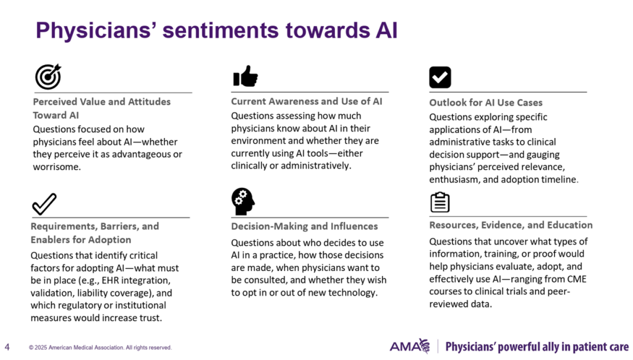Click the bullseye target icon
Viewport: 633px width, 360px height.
pos(48,76)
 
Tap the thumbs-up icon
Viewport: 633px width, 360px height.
pos(245,76)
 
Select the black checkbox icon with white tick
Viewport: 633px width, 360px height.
pos(440,77)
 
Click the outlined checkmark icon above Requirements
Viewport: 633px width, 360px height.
pos(45,204)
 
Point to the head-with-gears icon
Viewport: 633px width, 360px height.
pos(243,201)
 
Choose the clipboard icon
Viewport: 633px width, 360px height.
pos(440,202)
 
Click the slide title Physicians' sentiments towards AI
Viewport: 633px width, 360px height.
pos(217,30)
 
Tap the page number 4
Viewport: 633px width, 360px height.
pos(7,347)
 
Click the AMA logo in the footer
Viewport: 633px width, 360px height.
pos(409,346)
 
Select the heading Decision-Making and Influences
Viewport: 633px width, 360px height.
pos(304,226)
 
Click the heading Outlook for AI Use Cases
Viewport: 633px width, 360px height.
pos(486,103)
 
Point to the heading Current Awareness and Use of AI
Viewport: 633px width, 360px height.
pos(307,101)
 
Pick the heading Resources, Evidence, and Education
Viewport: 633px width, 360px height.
pos(511,225)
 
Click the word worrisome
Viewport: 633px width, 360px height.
pos(56,167)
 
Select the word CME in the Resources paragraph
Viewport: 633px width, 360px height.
pos(577,279)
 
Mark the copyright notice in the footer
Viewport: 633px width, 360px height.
pos(100,348)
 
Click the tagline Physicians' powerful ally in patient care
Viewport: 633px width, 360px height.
pos(537,347)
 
